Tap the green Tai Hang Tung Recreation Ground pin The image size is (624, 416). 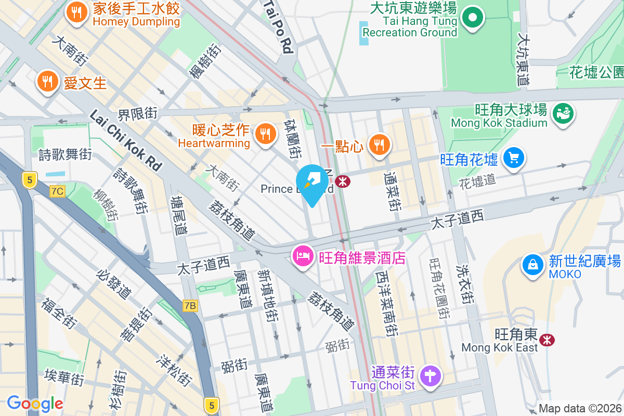pyautogui.click(x=473, y=18)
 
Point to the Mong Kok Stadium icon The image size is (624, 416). pyautogui.click(x=563, y=114)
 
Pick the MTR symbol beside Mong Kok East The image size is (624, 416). pyautogui.click(x=546, y=340)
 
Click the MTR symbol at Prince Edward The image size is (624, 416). pyautogui.click(x=342, y=181)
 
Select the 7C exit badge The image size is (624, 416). pyautogui.click(x=57, y=191)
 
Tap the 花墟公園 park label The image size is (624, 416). pyautogui.click(x=596, y=72)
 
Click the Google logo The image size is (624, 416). pyautogui.click(x=35, y=404)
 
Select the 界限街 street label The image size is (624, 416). pyautogui.click(x=137, y=113)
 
